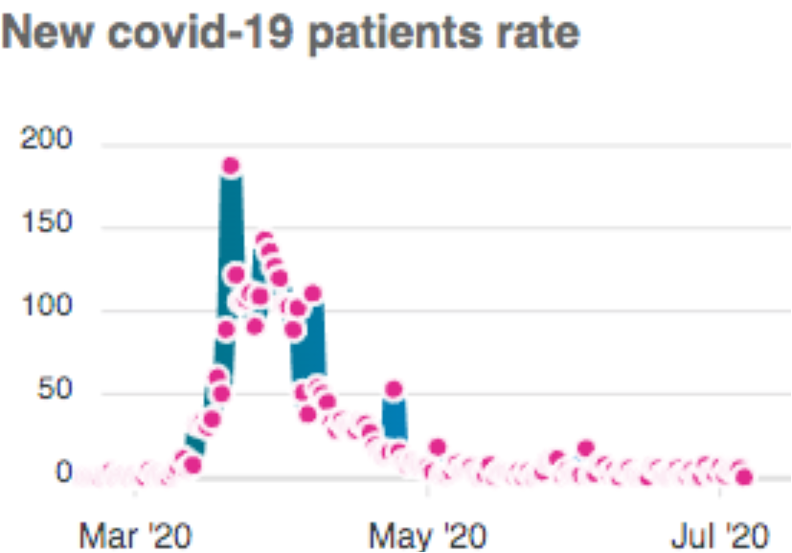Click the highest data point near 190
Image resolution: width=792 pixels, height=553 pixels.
click(x=230, y=166)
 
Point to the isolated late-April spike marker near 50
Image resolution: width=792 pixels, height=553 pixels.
click(x=393, y=390)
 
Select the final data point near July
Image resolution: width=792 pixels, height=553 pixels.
click(x=743, y=476)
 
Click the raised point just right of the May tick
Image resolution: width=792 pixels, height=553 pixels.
click(x=438, y=447)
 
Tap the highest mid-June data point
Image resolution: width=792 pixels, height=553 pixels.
click(x=586, y=448)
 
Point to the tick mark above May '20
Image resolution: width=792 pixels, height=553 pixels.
click(x=429, y=492)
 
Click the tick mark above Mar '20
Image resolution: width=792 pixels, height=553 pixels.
click(x=135, y=492)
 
